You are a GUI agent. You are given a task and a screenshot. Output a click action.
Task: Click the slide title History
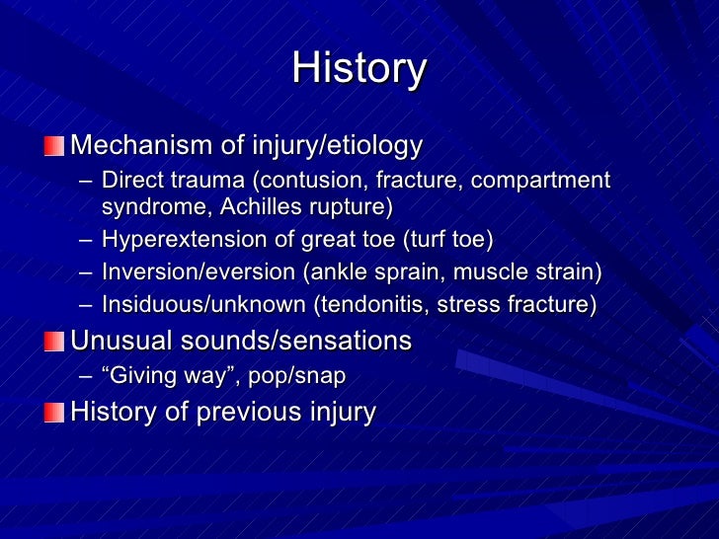point(359,69)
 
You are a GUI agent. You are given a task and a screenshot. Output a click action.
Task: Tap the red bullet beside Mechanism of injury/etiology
point(53,147)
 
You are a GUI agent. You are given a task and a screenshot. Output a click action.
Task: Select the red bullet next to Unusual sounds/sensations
point(53,342)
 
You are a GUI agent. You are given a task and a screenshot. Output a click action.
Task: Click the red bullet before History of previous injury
point(53,412)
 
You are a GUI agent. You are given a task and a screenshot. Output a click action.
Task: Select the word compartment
point(546,181)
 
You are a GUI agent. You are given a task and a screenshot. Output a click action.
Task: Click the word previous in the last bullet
point(246,412)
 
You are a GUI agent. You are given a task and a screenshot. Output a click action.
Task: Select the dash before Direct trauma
point(86,182)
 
